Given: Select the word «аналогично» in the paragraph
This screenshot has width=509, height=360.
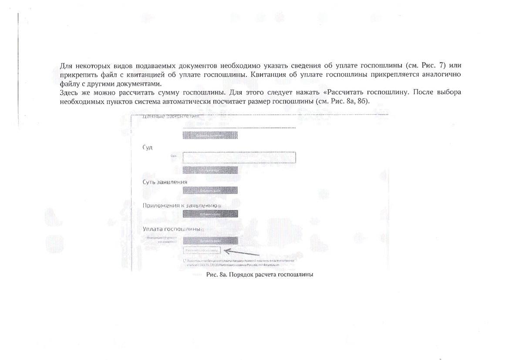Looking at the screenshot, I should (x=439, y=75).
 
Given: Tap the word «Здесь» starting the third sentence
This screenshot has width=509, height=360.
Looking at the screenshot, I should (x=69, y=92).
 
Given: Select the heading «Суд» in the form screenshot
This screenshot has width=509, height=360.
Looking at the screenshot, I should (x=148, y=147).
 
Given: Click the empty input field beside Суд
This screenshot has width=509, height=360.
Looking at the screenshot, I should (x=239, y=157).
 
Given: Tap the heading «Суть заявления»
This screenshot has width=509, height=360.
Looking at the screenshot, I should (x=165, y=182).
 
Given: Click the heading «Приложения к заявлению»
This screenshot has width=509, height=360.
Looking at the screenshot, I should (x=180, y=205).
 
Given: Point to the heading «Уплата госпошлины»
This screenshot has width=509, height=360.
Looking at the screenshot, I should (x=171, y=228).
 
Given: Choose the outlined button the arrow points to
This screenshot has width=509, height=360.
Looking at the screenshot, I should (x=202, y=251).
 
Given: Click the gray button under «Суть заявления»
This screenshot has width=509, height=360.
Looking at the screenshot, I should (x=210, y=190).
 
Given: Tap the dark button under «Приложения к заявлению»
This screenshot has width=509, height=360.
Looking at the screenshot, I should (x=210, y=214).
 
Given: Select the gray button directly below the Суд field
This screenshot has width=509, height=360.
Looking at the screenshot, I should (x=210, y=170).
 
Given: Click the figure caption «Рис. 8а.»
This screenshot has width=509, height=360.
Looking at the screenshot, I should (x=217, y=275).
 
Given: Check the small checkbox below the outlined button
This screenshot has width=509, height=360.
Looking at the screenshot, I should (x=185, y=260).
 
